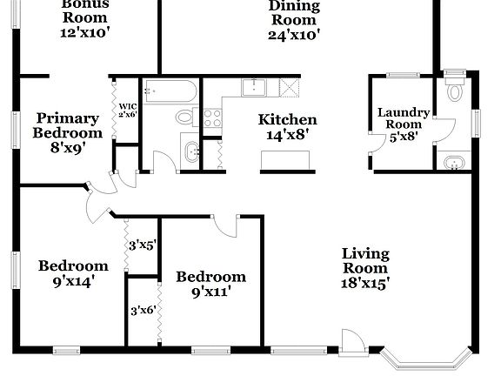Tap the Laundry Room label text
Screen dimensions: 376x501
(x=403, y=117)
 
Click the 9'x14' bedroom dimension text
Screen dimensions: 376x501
(x=73, y=280)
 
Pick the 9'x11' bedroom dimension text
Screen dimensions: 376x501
(x=210, y=292)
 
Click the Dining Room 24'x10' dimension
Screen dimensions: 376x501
(x=294, y=35)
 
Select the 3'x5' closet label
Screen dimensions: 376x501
(x=142, y=245)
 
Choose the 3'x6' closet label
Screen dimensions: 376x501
(x=143, y=310)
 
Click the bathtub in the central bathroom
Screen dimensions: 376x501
(x=170, y=91)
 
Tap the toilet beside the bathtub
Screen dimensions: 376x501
(x=185, y=117)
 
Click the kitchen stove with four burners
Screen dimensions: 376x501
(x=212, y=118)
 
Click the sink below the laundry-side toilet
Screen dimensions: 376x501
(x=455, y=161)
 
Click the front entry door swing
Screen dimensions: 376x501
(x=351, y=342)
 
